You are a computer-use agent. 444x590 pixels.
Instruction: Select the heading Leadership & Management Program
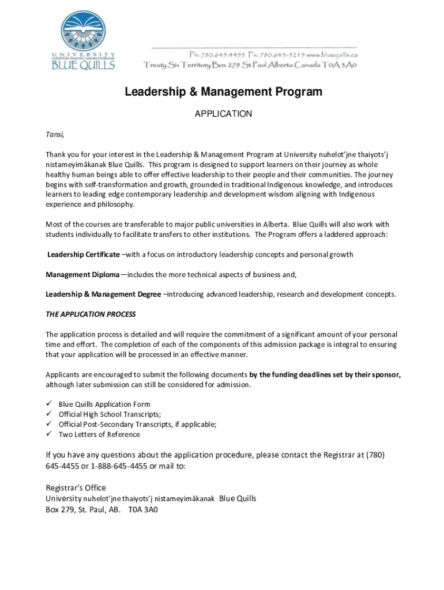[224, 92]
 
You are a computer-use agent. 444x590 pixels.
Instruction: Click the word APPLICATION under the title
[223, 114]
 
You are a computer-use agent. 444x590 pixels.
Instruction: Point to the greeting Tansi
[55, 135]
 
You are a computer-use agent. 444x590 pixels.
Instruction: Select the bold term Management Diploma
[83, 274]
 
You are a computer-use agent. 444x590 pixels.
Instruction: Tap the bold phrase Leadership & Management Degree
[104, 294]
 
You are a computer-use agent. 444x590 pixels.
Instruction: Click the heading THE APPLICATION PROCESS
[91, 314]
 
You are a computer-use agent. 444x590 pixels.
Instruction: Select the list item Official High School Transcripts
[110, 414]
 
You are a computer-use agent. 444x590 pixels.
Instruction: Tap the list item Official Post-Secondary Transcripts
[137, 425]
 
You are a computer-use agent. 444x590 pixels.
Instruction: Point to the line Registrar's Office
[76, 488]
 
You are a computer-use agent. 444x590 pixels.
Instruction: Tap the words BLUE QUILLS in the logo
[84, 65]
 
